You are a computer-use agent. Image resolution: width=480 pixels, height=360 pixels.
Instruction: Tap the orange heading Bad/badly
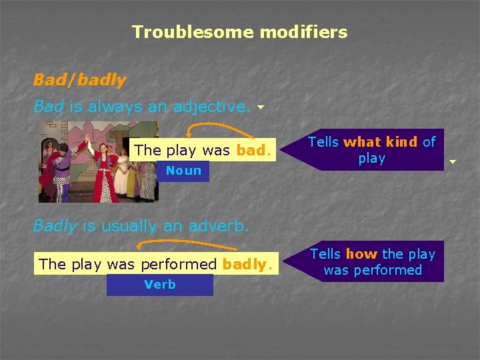click(79, 80)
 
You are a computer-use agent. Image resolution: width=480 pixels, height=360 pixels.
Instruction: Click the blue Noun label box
click(183, 171)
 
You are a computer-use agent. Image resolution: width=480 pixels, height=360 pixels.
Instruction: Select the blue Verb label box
click(160, 285)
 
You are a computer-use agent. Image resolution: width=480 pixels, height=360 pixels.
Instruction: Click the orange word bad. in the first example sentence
click(253, 150)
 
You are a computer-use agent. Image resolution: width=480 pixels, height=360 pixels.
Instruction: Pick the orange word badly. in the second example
click(247, 264)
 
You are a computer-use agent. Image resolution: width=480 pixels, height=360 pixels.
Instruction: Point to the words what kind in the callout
click(381, 141)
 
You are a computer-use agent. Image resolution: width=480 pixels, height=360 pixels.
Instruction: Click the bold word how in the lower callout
click(361, 254)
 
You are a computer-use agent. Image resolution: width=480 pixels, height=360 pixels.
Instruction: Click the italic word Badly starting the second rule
click(56, 226)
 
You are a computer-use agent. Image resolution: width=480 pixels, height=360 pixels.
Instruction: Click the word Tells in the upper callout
click(324, 141)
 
